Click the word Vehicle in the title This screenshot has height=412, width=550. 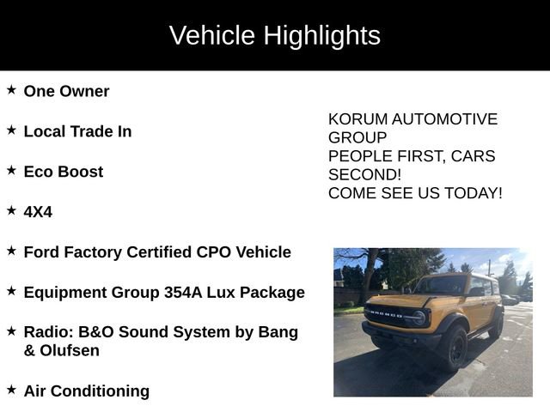coord(212,36)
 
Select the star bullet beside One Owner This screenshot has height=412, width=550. coord(11,89)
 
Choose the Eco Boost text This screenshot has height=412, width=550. coord(63,172)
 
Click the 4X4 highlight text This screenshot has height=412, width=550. coord(38,212)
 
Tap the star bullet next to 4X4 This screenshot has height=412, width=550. coord(11,209)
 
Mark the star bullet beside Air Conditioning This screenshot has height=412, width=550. coord(11,389)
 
